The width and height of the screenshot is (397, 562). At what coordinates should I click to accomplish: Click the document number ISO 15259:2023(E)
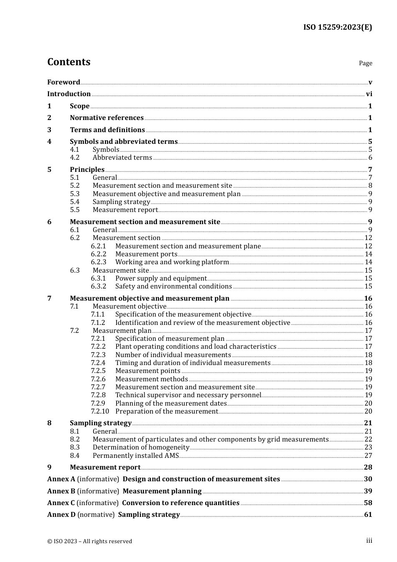(x=337, y=27)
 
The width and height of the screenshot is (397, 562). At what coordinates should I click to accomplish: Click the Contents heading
(x=69, y=62)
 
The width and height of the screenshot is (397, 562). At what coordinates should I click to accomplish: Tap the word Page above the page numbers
(x=365, y=63)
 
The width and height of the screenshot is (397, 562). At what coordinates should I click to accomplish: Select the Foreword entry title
(x=64, y=82)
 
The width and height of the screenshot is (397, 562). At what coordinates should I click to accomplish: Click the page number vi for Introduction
(x=369, y=94)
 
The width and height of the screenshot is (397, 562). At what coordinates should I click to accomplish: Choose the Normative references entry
(x=107, y=118)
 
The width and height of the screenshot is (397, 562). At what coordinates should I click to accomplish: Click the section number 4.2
(x=74, y=158)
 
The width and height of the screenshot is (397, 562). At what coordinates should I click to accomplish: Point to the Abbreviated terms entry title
(x=122, y=158)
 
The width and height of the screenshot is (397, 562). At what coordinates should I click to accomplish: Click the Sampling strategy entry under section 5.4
(x=121, y=202)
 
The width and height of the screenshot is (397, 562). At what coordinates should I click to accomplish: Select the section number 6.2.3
(x=99, y=262)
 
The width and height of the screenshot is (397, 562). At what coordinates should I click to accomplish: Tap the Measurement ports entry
(x=146, y=254)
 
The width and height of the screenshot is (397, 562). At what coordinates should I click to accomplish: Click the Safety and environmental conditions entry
(x=173, y=286)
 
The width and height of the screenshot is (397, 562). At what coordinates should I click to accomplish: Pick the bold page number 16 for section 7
(x=368, y=299)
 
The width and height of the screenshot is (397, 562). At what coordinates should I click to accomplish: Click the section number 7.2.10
(x=100, y=411)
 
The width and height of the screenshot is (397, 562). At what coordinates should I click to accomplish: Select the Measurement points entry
(x=148, y=371)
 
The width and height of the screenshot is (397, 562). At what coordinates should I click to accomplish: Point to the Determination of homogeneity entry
(x=141, y=447)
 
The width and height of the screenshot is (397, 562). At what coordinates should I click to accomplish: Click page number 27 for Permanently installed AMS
(x=368, y=456)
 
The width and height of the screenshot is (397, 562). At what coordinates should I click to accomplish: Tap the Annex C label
(x=61, y=503)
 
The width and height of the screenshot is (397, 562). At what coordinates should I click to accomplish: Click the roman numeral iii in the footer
(x=369, y=541)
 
